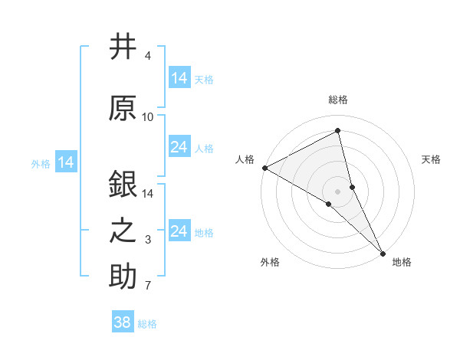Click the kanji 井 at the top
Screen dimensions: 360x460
(123, 47)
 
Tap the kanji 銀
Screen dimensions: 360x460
(123, 183)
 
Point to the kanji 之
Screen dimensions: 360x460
(123, 231)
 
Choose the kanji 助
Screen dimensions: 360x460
(123, 277)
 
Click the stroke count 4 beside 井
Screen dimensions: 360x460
(147, 56)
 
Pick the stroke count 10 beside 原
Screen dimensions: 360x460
(148, 116)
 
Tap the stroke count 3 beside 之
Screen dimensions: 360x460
(148, 240)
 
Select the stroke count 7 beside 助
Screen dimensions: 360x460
(148, 286)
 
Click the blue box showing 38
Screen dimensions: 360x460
(123, 322)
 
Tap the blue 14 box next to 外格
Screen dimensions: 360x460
(66, 162)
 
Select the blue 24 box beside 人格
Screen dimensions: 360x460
(179, 147)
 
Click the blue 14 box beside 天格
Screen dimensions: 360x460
(179, 78)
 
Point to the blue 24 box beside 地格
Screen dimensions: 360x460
(179, 231)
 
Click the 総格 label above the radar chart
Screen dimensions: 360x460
(338, 100)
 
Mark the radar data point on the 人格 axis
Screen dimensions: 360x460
(264, 168)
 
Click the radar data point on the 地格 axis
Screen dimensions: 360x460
(383, 252)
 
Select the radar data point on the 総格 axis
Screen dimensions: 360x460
(338, 130)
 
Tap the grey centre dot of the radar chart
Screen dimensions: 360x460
(338, 191)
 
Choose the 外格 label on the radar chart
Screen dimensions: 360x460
(270, 263)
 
